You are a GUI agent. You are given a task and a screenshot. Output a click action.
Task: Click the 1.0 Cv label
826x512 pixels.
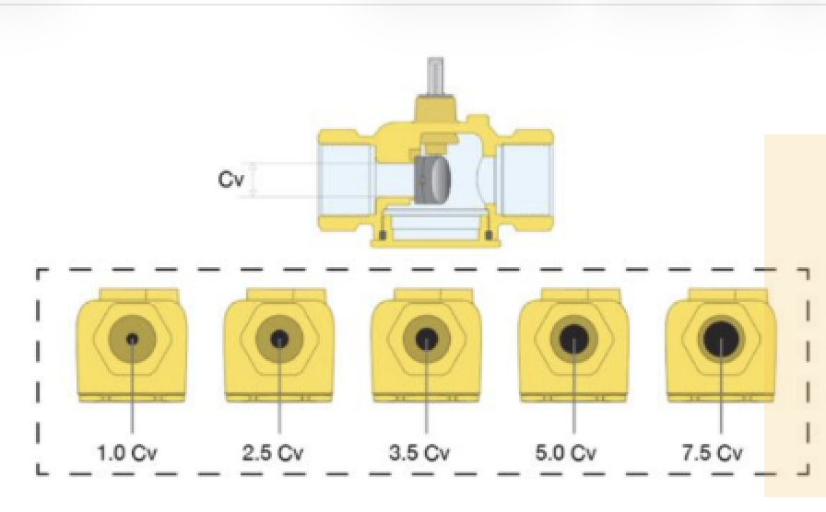tap(127, 452)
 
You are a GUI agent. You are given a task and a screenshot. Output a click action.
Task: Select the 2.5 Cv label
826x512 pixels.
tap(273, 452)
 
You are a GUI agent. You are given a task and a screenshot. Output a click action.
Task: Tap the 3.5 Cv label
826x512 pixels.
tap(419, 452)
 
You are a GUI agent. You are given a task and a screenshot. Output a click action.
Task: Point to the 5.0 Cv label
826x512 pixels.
tap(566, 452)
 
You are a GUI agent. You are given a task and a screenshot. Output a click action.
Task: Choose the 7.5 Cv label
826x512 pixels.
tap(713, 452)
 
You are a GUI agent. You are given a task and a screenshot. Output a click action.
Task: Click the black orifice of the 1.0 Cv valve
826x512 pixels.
tap(132, 340)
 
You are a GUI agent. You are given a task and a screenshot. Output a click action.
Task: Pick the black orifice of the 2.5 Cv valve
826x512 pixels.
tap(279, 340)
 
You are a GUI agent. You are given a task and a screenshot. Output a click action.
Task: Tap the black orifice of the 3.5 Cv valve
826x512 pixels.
tap(427, 340)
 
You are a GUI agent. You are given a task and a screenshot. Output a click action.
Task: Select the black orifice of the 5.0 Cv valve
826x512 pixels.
tap(573, 340)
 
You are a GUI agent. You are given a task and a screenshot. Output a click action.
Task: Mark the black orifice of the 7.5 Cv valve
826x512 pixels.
tap(721, 340)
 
